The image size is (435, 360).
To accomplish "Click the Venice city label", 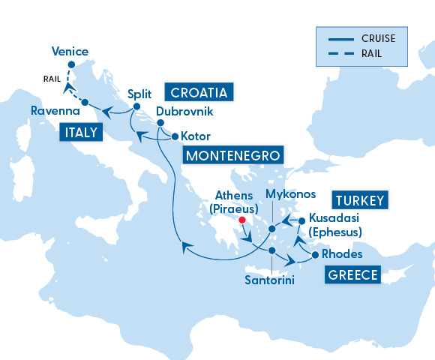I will point(70,52).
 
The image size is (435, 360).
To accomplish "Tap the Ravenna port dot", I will point(85,102).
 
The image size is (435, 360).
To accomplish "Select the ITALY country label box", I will point(80,133).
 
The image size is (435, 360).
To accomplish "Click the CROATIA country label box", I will point(199,93).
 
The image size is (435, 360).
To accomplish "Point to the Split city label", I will point(139,94).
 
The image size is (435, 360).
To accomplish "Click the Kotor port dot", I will point(175,136).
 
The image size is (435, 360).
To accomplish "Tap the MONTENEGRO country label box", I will point(233,156).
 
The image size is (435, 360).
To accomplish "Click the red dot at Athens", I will point(241,220).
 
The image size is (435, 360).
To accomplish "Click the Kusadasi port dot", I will point(301,220).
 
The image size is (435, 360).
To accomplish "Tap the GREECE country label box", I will point(352,274).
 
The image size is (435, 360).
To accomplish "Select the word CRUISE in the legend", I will point(379,37).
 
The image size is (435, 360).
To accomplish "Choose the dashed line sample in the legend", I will point(338,52).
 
